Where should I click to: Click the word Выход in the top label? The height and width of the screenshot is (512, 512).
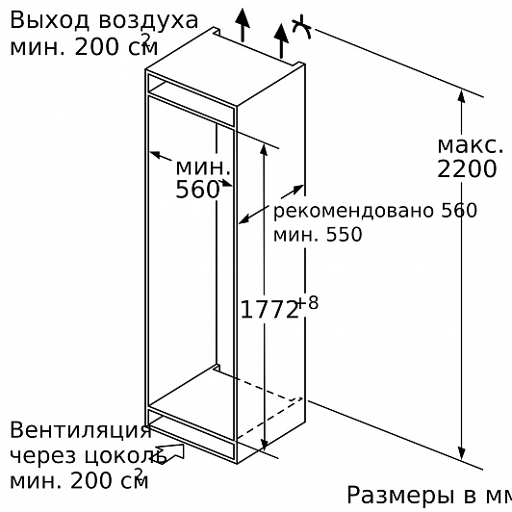pyautogui.click(x=49, y=20)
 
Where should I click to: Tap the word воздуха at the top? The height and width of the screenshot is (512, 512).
pyautogui.click(x=148, y=21)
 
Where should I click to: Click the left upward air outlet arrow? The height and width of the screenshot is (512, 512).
pyautogui.click(x=243, y=25)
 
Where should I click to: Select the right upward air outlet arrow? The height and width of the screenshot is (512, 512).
pyautogui.click(x=281, y=41)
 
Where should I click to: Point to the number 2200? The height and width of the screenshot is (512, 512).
pyautogui.click(x=467, y=169)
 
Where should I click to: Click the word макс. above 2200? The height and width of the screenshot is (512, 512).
pyautogui.click(x=471, y=146)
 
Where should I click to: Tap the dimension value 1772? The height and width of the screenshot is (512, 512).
pyautogui.click(x=269, y=310)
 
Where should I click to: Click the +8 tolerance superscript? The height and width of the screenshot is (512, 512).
pyautogui.click(x=308, y=303)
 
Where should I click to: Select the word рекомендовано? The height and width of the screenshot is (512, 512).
pyautogui.click(x=354, y=212)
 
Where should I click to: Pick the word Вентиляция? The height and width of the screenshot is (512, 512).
pyautogui.click(x=81, y=431)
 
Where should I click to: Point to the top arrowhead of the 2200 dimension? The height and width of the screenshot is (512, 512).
pyautogui.click(x=461, y=97)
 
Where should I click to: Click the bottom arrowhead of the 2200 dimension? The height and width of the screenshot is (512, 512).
pyautogui.click(x=461, y=453)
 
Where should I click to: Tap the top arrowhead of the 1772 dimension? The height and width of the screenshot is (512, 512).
pyautogui.click(x=264, y=150)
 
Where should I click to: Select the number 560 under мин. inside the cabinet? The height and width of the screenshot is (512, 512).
pyautogui.click(x=197, y=190)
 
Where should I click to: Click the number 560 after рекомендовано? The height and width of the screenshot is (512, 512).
pyautogui.click(x=459, y=211)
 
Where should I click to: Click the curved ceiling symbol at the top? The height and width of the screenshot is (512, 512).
pyautogui.click(x=301, y=28)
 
